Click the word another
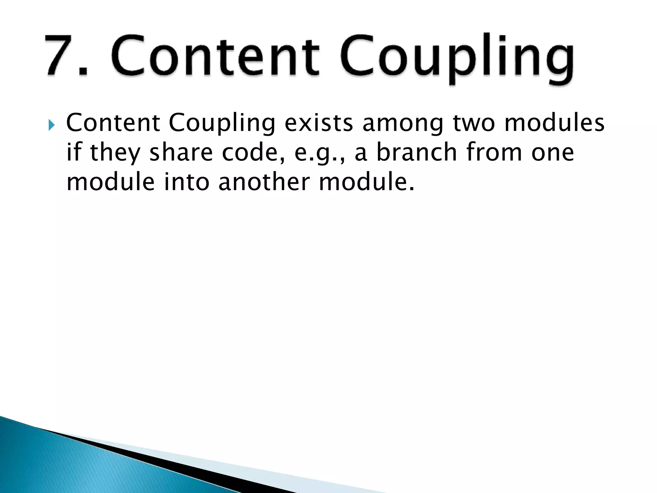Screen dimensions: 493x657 (263, 182)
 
